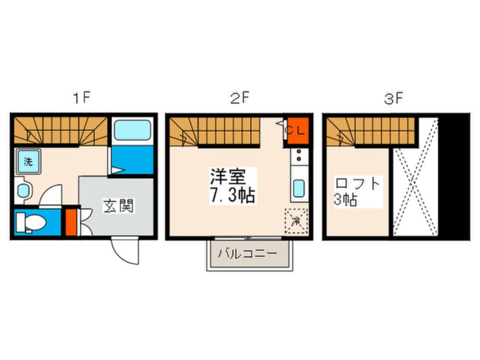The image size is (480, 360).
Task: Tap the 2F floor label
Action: point(239,98)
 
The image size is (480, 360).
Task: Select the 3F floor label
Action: point(394,98)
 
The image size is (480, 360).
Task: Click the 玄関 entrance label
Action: point(118,206)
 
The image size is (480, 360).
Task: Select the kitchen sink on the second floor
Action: point(299,188)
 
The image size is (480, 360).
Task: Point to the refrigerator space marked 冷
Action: point(296,220)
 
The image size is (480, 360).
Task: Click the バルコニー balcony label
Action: point(250,252)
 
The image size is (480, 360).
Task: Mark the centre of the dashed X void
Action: point(416,177)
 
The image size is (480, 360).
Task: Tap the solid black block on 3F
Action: point(456,175)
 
